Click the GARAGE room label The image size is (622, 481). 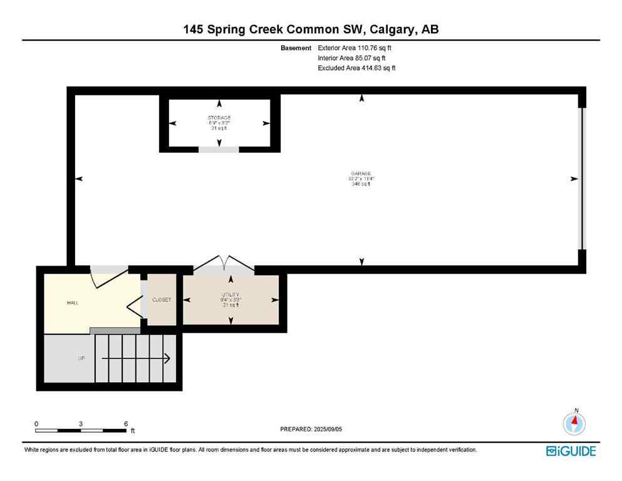tap(361, 173)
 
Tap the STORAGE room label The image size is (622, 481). tap(219, 118)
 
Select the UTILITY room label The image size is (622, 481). tap(231, 294)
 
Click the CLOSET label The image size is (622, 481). tap(162, 300)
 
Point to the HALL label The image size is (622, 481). tap(73, 303)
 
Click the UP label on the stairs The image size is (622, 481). tap(81, 358)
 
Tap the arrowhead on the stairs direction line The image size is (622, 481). tap(167, 358)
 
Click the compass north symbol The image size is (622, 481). tap(574, 423)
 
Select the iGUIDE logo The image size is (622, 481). tap(571, 451)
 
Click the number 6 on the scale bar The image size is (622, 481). tap(126, 423)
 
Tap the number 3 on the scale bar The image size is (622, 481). tap(81, 423)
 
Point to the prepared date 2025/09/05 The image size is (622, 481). tap(311, 429)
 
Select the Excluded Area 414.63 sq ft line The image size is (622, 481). tap(356, 68)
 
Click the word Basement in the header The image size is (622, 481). tap(296, 48)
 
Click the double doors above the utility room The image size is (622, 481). tap(224, 264)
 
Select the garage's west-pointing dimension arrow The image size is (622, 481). tap(79, 179)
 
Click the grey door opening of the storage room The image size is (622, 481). tap(219, 149)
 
